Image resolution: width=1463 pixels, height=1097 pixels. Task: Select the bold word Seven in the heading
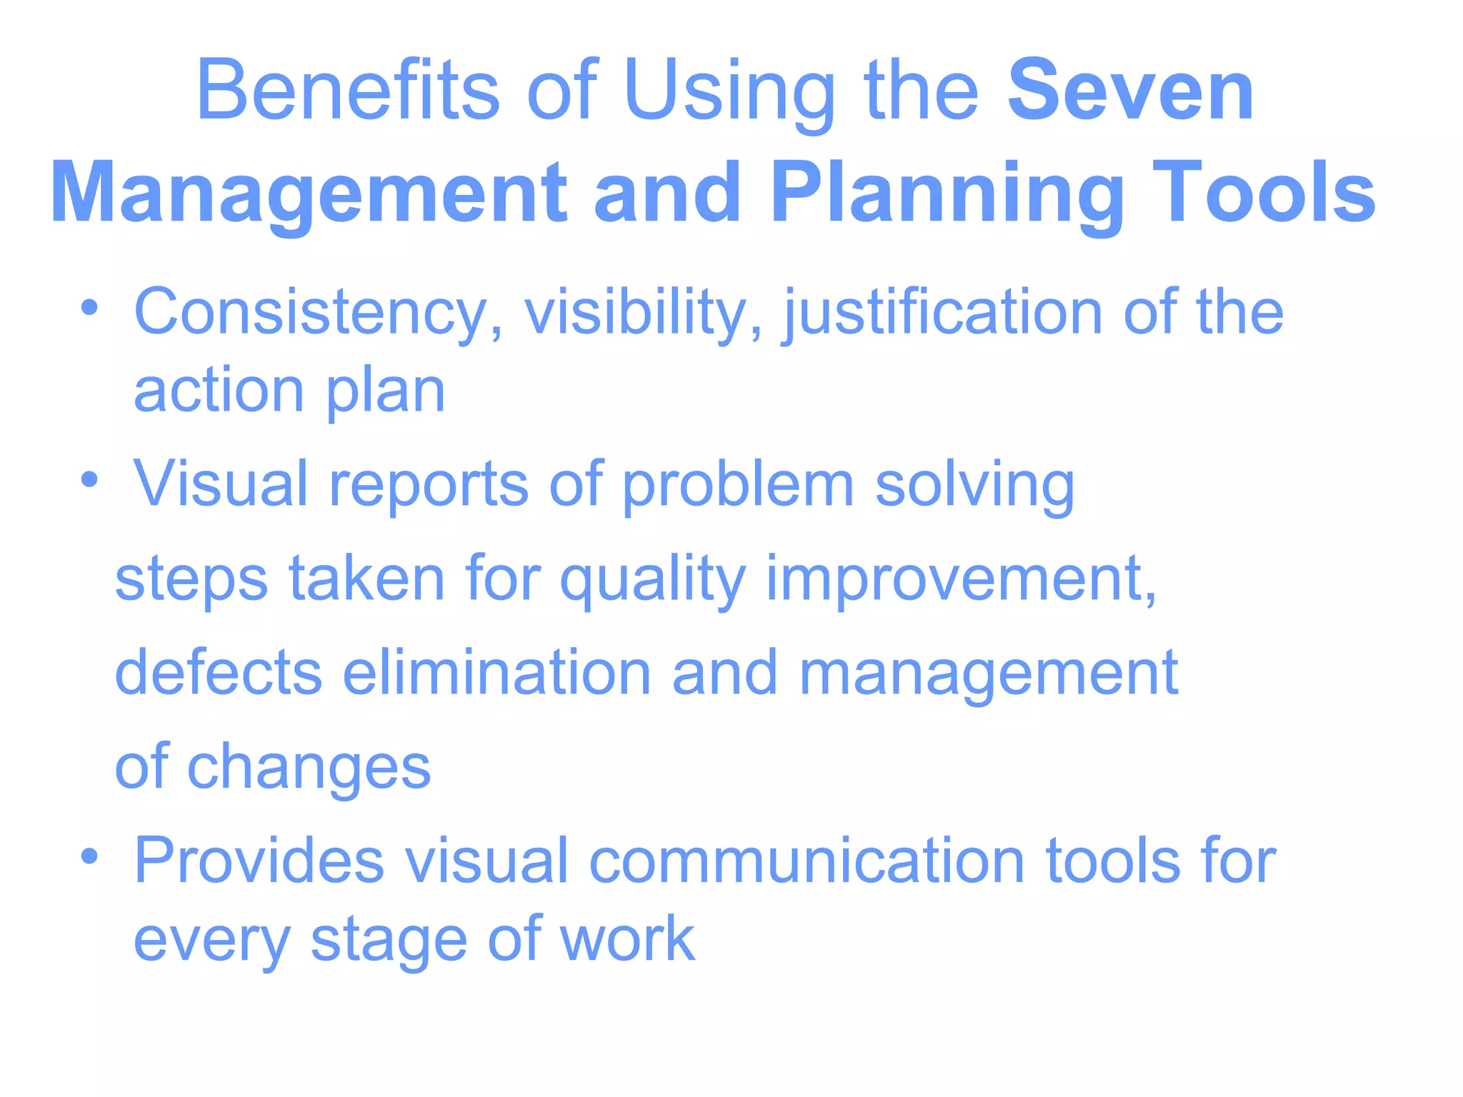pos(1130,91)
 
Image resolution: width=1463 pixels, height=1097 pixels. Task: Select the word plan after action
pos(386,393)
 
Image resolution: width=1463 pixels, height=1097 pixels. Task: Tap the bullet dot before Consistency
pos(89,309)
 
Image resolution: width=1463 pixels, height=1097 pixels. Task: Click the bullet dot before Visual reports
pos(89,479)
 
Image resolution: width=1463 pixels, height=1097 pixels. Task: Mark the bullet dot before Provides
pos(89,855)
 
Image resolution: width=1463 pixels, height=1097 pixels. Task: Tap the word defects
pos(219,673)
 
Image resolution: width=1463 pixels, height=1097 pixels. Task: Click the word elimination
pos(497,673)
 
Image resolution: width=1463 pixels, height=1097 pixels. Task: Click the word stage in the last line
pos(389,941)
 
